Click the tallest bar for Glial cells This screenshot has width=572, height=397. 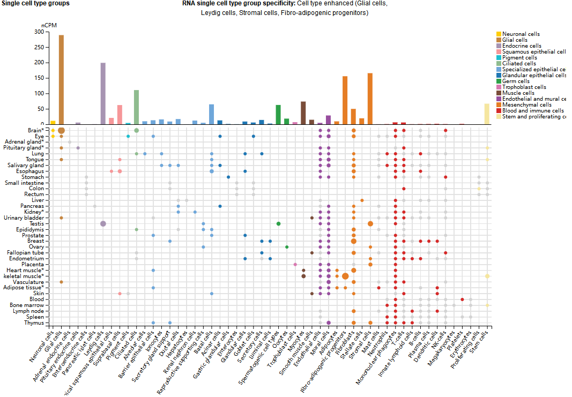(61, 79)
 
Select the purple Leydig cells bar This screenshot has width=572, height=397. (103, 94)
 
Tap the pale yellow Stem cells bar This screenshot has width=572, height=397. (487, 114)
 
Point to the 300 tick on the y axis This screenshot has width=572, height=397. (38, 32)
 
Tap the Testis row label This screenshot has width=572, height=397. (36, 223)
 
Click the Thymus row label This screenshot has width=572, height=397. (34, 323)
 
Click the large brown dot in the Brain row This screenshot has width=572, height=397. (61, 130)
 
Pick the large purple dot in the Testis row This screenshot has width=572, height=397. (103, 223)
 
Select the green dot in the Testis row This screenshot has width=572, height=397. (278, 223)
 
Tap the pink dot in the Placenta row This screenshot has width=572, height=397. (295, 264)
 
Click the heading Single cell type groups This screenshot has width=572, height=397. (35, 3)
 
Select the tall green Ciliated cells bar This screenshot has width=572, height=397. (136, 107)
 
